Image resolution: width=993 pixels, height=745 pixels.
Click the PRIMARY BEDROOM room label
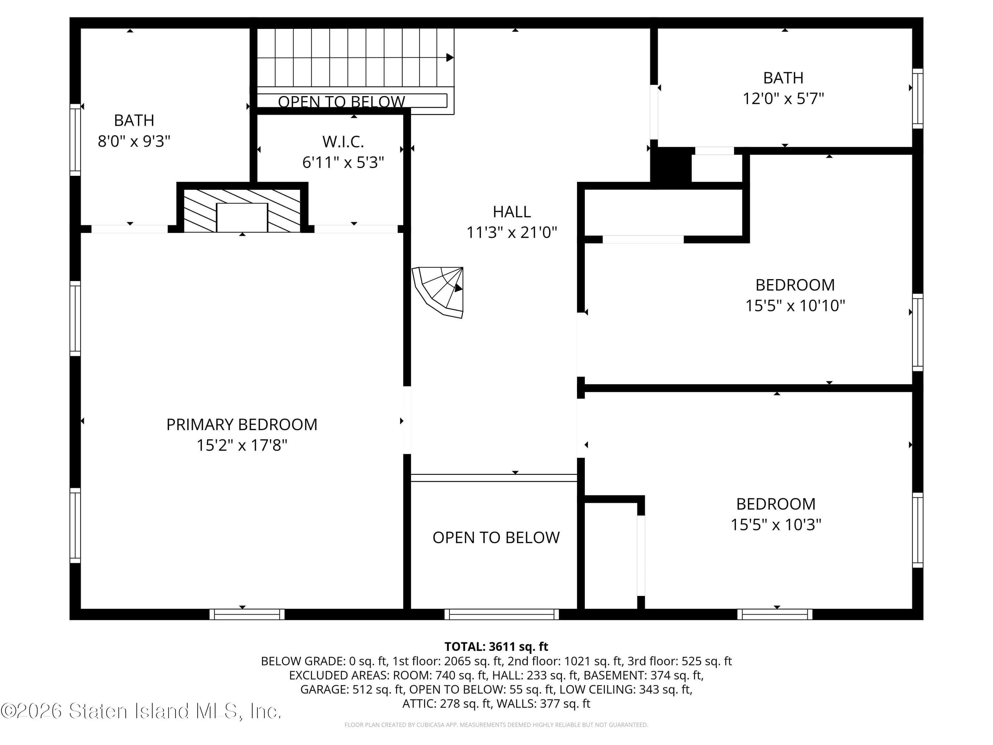pyautogui.click(x=242, y=424)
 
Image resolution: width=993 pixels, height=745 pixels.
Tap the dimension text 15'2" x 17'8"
pyautogui.click(x=242, y=445)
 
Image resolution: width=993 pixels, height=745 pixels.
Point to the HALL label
pyautogui.click(x=511, y=212)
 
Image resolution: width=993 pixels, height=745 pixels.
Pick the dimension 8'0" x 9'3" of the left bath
pyautogui.click(x=134, y=141)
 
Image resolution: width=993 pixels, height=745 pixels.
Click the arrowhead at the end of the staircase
pyautogui.click(x=450, y=58)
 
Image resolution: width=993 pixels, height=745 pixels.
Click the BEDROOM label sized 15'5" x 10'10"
pyautogui.click(x=795, y=285)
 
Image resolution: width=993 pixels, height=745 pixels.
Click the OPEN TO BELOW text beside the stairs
pyautogui.click(x=341, y=102)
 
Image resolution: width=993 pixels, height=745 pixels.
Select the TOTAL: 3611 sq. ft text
pyautogui.click(x=496, y=647)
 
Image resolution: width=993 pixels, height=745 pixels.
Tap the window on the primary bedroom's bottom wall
pyautogui.click(x=247, y=614)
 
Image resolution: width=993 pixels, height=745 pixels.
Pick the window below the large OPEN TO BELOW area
pyautogui.click(x=501, y=614)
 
